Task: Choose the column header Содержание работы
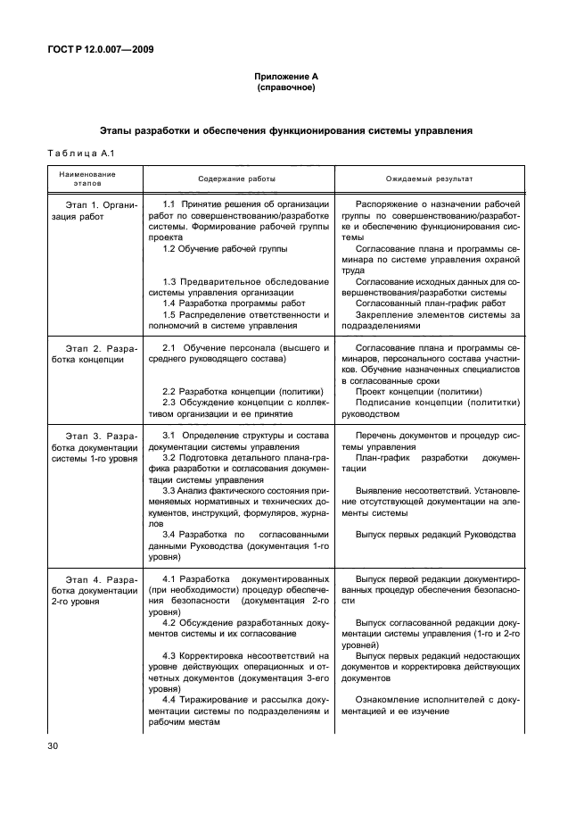236,179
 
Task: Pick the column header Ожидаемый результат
429,179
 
